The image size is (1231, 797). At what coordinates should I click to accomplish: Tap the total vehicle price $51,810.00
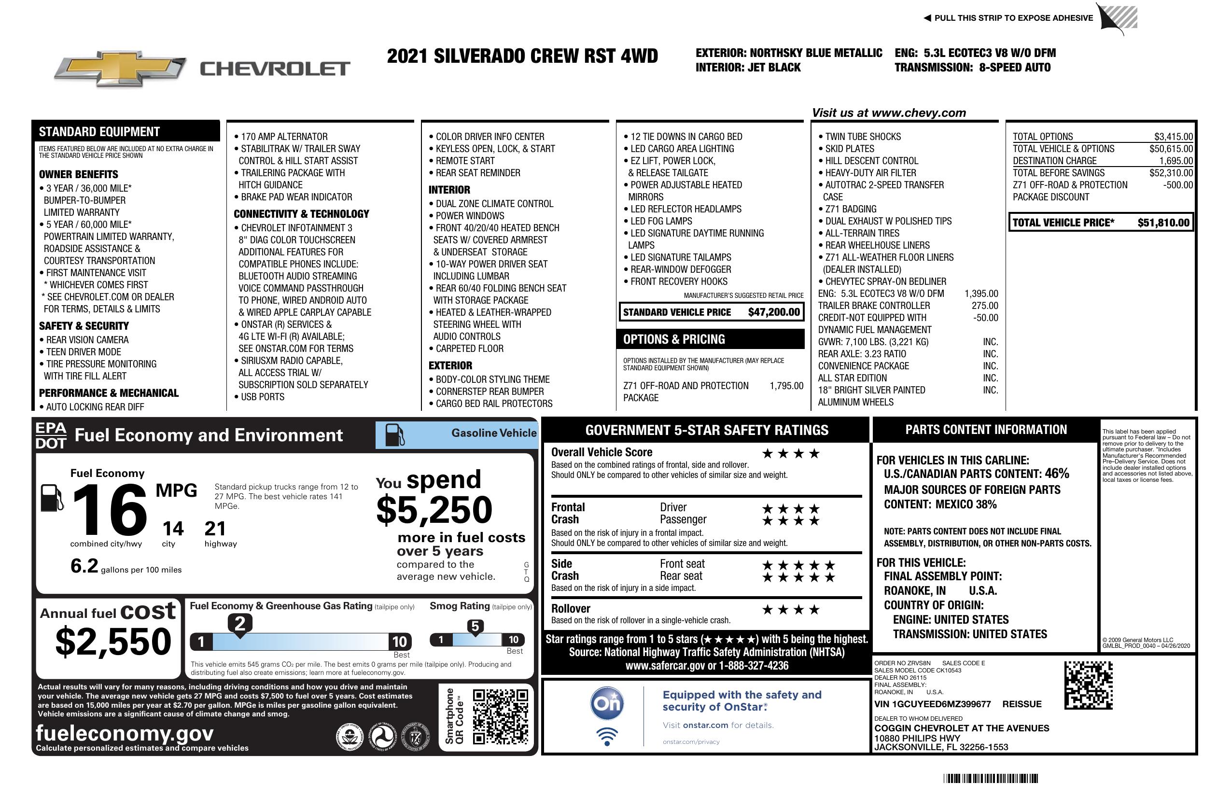click(1163, 223)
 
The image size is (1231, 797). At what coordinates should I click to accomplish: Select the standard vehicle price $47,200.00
click(774, 312)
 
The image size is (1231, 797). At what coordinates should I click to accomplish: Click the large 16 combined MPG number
click(110, 510)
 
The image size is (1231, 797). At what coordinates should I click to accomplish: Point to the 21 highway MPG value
click(215, 529)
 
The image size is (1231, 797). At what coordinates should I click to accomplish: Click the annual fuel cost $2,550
click(113, 642)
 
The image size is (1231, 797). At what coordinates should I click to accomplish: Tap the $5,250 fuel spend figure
click(434, 510)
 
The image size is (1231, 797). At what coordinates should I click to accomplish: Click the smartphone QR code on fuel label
click(500, 716)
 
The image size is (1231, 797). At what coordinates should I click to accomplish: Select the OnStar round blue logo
click(607, 703)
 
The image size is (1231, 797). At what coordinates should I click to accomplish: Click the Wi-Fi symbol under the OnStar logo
click(607, 736)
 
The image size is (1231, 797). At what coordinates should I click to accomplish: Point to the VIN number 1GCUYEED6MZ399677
click(933, 704)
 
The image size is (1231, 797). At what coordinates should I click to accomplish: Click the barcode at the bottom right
click(990, 778)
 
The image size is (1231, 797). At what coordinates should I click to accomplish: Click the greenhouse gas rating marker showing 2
click(240, 624)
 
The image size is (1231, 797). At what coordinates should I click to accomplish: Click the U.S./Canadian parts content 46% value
click(1056, 473)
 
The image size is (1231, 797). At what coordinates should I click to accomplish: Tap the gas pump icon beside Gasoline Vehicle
click(395, 434)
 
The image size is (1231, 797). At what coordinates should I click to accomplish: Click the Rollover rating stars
click(791, 610)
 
